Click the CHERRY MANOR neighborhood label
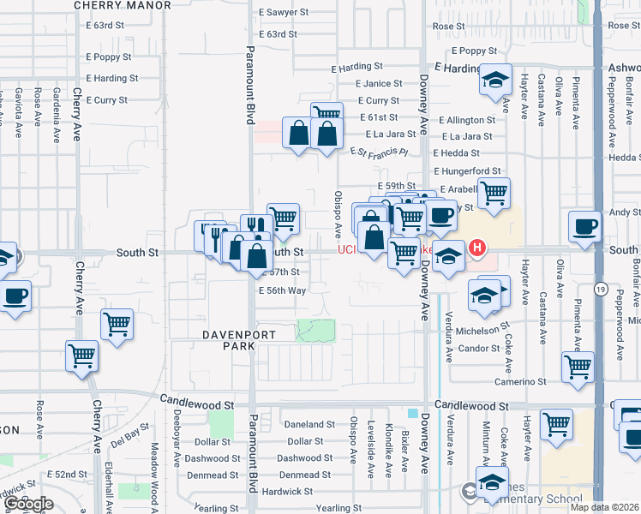[x=123, y=5]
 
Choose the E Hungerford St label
[x=469, y=171]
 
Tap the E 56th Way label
[x=282, y=290]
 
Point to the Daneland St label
[x=309, y=425]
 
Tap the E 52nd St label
[x=68, y=474]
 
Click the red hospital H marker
[x=477, y=250]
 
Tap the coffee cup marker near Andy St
[x=584, y=227]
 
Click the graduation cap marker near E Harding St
[x=494, y=80]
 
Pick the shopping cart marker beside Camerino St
[x=578, y=366]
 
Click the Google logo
[x=29, y=504]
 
